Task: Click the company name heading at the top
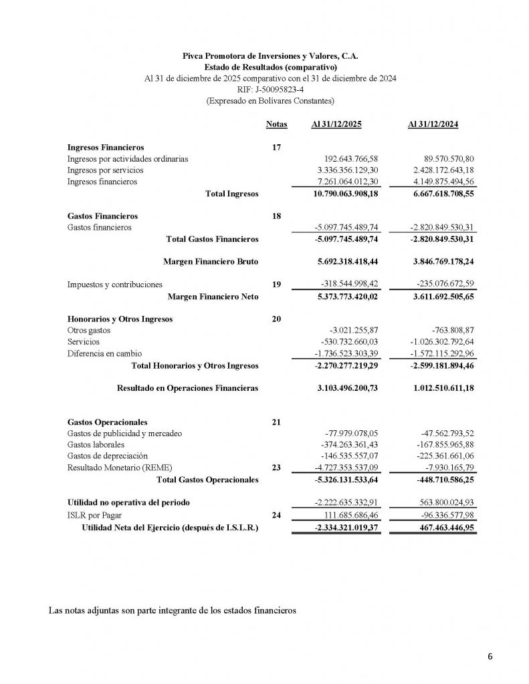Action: [270, 57]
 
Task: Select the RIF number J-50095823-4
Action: [270, 90]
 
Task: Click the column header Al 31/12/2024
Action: [433, 125]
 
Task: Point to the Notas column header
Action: [276, 125]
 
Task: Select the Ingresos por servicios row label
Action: [105, 170]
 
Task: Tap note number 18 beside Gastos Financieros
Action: [276, 216]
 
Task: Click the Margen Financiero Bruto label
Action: [210, 261]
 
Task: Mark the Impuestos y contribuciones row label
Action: [114, 285]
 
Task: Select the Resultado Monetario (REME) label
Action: [115, 468]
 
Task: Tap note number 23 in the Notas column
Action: [276, 468]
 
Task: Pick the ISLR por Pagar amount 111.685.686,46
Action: [348, 516]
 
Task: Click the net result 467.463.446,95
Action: [442, 528]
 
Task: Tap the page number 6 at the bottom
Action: [490, 657]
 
